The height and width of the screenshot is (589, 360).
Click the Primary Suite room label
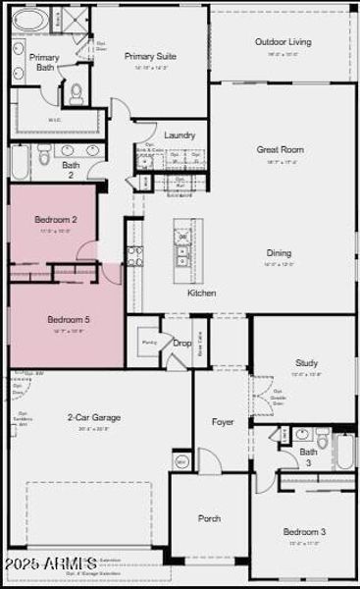coord(150,57)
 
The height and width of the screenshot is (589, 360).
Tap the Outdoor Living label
coord(283,42)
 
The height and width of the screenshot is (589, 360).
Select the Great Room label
coord(280,150)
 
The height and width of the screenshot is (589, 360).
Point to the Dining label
coord(279,253)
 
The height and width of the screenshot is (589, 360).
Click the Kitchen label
coord(202,293)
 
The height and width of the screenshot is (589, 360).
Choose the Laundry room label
coord(180,135)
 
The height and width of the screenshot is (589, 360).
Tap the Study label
coord(306,362)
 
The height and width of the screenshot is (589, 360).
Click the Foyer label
coord(223,422)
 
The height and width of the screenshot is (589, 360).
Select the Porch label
coord(209,518)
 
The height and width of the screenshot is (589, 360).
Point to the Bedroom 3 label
coord(304,532)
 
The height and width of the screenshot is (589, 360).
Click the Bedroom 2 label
coord(56,220)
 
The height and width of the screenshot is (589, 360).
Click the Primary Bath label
coord(44,63)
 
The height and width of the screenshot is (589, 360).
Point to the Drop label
coord(181,343)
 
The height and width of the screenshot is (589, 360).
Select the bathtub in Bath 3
coord(345,452)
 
